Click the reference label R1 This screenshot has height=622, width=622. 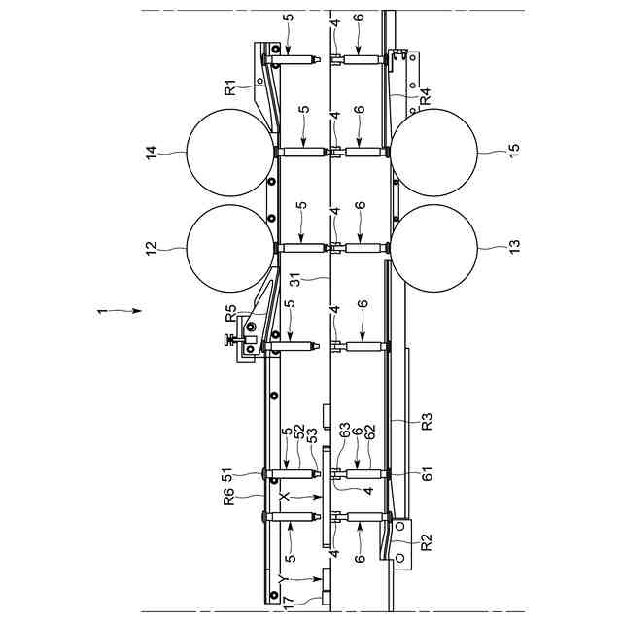pos(230,87)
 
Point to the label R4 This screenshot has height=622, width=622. pos(425,96)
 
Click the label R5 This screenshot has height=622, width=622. pos(231,313)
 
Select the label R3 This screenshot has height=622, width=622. pos(428,421)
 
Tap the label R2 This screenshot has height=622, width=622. pos(427,542)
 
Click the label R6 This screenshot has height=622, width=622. pos(229,497)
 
